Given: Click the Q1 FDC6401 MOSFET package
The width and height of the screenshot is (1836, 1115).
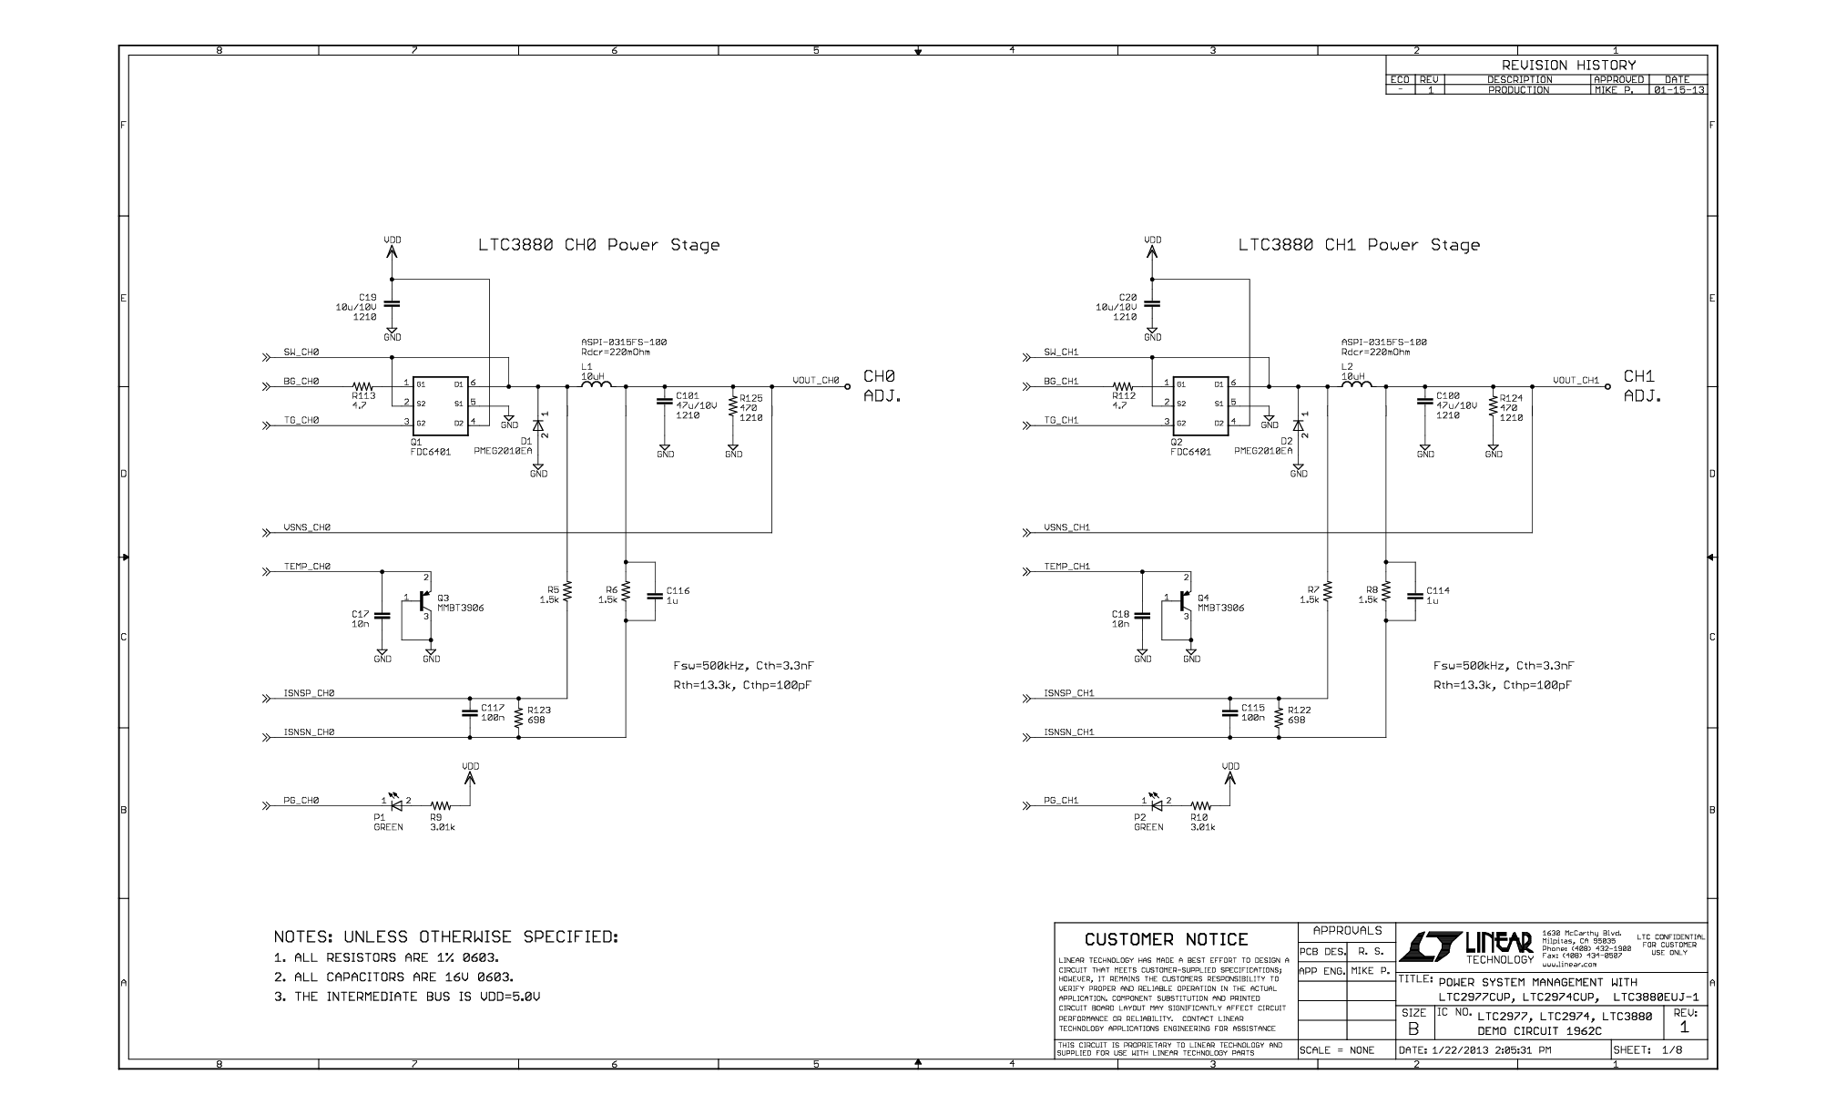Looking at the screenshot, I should pyautogui.click(x=441, y=404).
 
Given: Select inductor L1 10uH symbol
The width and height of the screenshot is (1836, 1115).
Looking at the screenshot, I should pyautogui.click(x=597, y=385).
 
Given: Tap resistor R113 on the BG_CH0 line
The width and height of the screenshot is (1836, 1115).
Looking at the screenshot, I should pyautogui.click(x=363, y=387).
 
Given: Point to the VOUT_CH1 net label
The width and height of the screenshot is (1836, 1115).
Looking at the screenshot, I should pyautogui.click(x=1576, y=381).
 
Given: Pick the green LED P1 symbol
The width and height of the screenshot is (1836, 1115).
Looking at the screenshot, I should pyautogui.click(x=395, y=803).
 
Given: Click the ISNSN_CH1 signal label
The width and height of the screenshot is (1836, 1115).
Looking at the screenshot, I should pyautogui.click(x=1069, y=732).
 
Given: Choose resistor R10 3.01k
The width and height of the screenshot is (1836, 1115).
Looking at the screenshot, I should pyautogui.click(x=1201, y=806).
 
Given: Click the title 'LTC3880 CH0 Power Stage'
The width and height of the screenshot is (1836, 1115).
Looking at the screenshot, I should pyautogui.click(x=598, y=245).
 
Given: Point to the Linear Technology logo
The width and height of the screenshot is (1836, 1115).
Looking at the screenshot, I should pyautogui.click(x=1466, y=947).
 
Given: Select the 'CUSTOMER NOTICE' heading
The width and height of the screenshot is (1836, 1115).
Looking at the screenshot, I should pyautogui.click(x=1166, y=939).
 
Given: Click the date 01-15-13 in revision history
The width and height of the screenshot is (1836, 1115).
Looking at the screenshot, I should pyautogui.click(x=1678, y=90).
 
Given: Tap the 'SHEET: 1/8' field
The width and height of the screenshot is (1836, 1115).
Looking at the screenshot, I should pyautogui.click(x=1647, y=1050).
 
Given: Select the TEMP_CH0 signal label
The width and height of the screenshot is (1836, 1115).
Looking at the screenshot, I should pyautogui.click(x=307, y=567).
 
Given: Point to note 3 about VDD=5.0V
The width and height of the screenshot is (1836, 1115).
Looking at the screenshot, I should pyautogui.click(x=407, y=997).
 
